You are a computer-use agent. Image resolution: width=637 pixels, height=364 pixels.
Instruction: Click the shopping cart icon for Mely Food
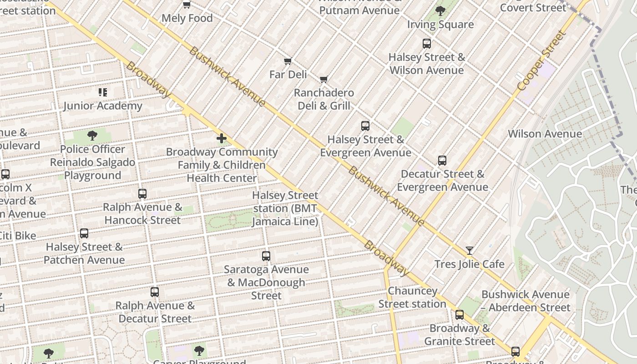[187, 5]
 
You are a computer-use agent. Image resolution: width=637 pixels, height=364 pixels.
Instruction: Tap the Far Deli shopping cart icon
[288, 61]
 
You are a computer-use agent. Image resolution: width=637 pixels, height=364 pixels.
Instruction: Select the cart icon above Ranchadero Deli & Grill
[324, 80]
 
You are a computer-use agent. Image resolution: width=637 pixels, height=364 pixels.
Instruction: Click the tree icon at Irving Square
[440, 11]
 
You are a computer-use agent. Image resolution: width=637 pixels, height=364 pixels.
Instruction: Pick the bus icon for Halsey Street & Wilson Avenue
[426, 44]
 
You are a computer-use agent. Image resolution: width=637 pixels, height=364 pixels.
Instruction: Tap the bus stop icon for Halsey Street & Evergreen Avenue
[365, 126]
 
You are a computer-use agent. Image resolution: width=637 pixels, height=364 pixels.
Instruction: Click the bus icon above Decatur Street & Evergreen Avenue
[442, 161]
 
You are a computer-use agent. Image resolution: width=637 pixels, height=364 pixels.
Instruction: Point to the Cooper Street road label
[542, 61]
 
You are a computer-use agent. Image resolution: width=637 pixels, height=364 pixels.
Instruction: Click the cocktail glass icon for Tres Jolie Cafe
[469, 251]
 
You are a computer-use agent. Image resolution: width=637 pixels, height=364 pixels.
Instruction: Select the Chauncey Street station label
[412, 297]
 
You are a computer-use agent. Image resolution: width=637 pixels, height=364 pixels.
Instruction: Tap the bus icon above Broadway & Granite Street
[460, 315]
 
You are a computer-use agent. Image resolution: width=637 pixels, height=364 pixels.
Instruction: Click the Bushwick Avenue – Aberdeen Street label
[525, 301]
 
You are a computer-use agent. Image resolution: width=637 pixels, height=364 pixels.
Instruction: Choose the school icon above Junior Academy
[103, 92]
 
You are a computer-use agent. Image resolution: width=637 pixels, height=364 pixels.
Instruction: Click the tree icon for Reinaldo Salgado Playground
[92, 136]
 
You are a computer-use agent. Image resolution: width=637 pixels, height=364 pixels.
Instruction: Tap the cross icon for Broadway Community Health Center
[222, 138]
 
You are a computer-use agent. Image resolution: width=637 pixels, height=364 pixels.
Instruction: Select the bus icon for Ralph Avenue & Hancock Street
[142, 194]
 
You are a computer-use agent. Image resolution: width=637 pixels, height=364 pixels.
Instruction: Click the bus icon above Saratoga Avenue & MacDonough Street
[266, 256]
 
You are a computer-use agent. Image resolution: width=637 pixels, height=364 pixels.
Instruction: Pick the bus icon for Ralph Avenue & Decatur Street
[155, 292]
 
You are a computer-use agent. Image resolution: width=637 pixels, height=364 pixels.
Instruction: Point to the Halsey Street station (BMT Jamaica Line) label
[285, 208]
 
